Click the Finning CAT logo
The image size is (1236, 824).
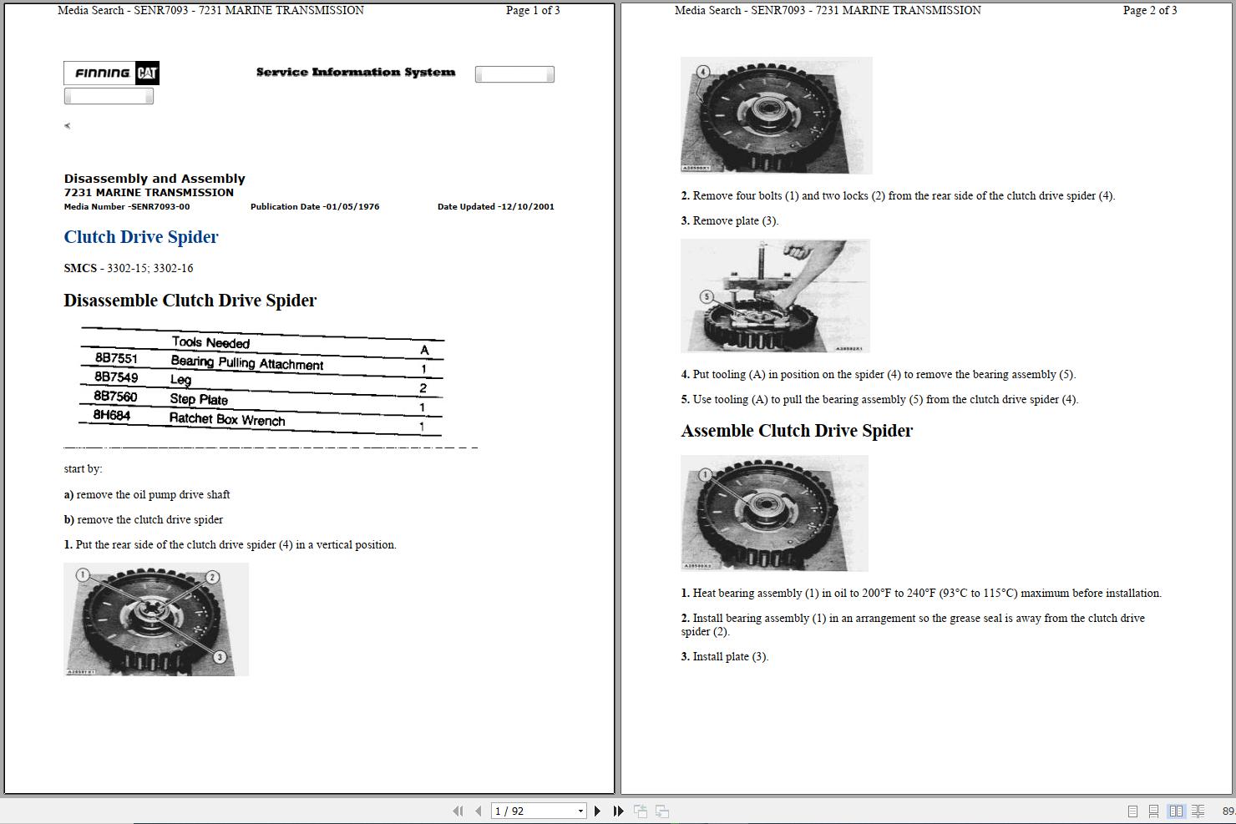pos(111,73)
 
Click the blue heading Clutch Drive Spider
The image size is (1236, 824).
pos(141,237)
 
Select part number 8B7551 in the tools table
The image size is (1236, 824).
pos(116,358)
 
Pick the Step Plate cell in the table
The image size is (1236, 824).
pos(199,399)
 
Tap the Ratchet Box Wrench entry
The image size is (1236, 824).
pos(227,419)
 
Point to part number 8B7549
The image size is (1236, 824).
pos(116,377)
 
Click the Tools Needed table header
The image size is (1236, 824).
pos(210,342)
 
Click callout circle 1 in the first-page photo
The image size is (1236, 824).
pos(82,575)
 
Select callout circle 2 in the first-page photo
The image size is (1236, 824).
pos(212,577)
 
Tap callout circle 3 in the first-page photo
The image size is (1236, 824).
pos(220,657)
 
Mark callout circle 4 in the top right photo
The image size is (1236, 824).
pos(703,72)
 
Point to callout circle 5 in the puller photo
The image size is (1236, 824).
pos(707,296)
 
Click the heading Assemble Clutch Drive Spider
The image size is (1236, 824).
pos(797,431)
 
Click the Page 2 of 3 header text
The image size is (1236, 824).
pos(1149,11)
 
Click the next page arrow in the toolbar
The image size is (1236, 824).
pos(597,811)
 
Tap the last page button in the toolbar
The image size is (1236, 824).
pos(618,811)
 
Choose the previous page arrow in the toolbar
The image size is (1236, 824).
pos(478,811)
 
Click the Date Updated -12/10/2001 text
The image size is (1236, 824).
pos(495,207)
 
